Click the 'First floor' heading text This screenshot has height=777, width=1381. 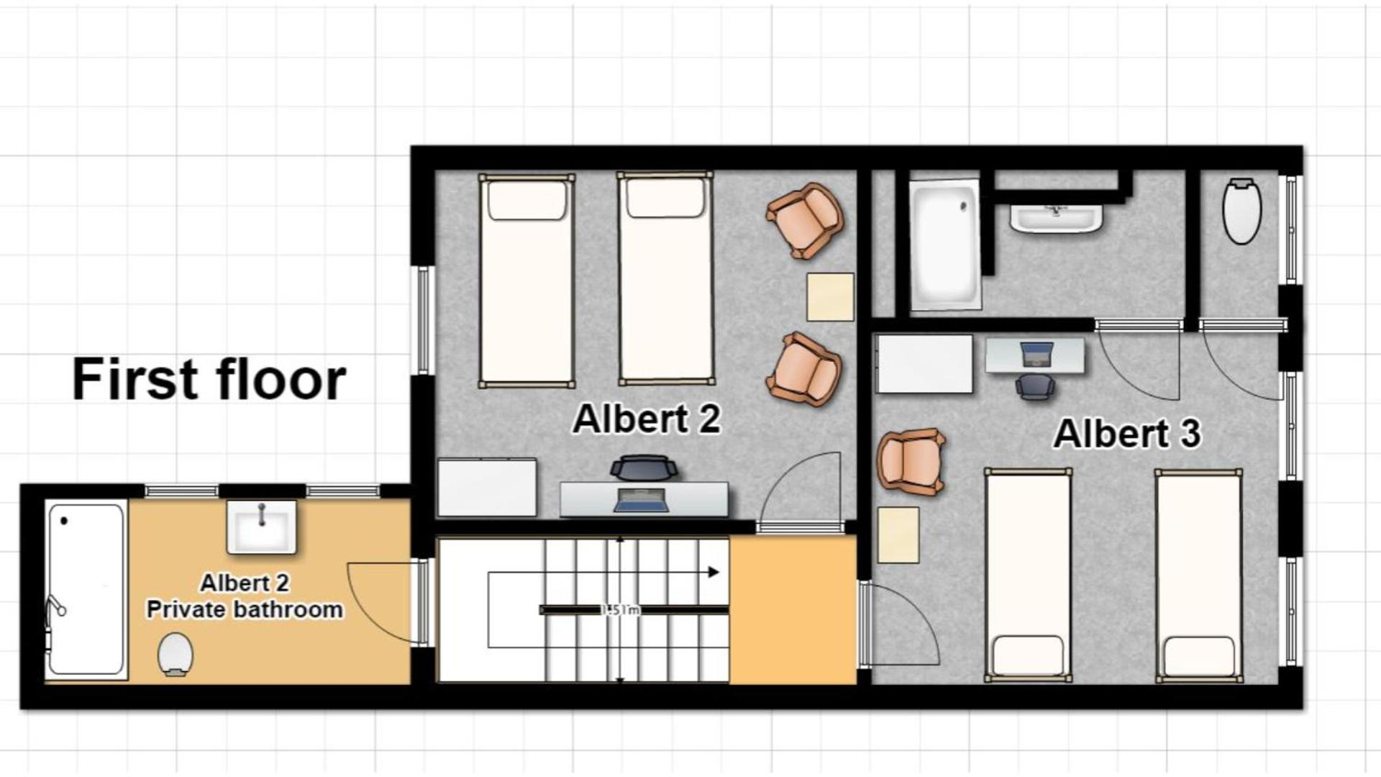(x=209, y=379)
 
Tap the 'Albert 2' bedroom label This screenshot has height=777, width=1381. (x=646, y=419)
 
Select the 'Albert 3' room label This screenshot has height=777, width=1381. (x=1126, y=433)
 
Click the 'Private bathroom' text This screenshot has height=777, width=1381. (x=245, y=609)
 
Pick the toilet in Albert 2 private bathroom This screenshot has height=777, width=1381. (x=175, y=653)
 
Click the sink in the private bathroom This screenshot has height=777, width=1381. (x=261, y=527)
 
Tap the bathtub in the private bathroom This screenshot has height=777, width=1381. (x=86, y=590)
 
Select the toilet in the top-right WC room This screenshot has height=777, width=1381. (x=1241, y=211)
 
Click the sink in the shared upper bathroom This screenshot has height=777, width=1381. (x=1055, y=218)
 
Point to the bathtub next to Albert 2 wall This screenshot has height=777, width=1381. (x=944, y=243)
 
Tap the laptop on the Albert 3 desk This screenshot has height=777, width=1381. (x=1036, y=353)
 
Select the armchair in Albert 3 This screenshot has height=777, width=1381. (x=911, y=461)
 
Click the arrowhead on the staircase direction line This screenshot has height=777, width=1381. (x=714, y=572)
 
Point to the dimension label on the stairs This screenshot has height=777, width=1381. (x=620, y=610)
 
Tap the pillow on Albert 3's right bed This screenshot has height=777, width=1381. (x=1198, y=655)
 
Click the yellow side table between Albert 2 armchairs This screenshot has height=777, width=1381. (x=830, y=296)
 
